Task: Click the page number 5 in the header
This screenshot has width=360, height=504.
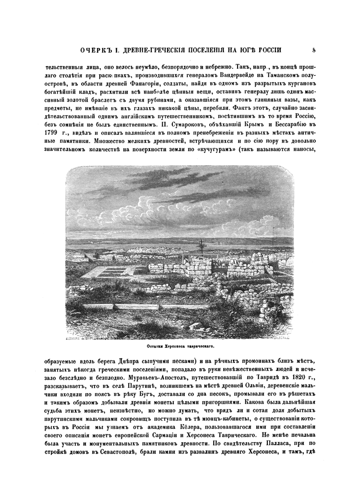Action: pyautogui.click(x=313, y=49)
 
